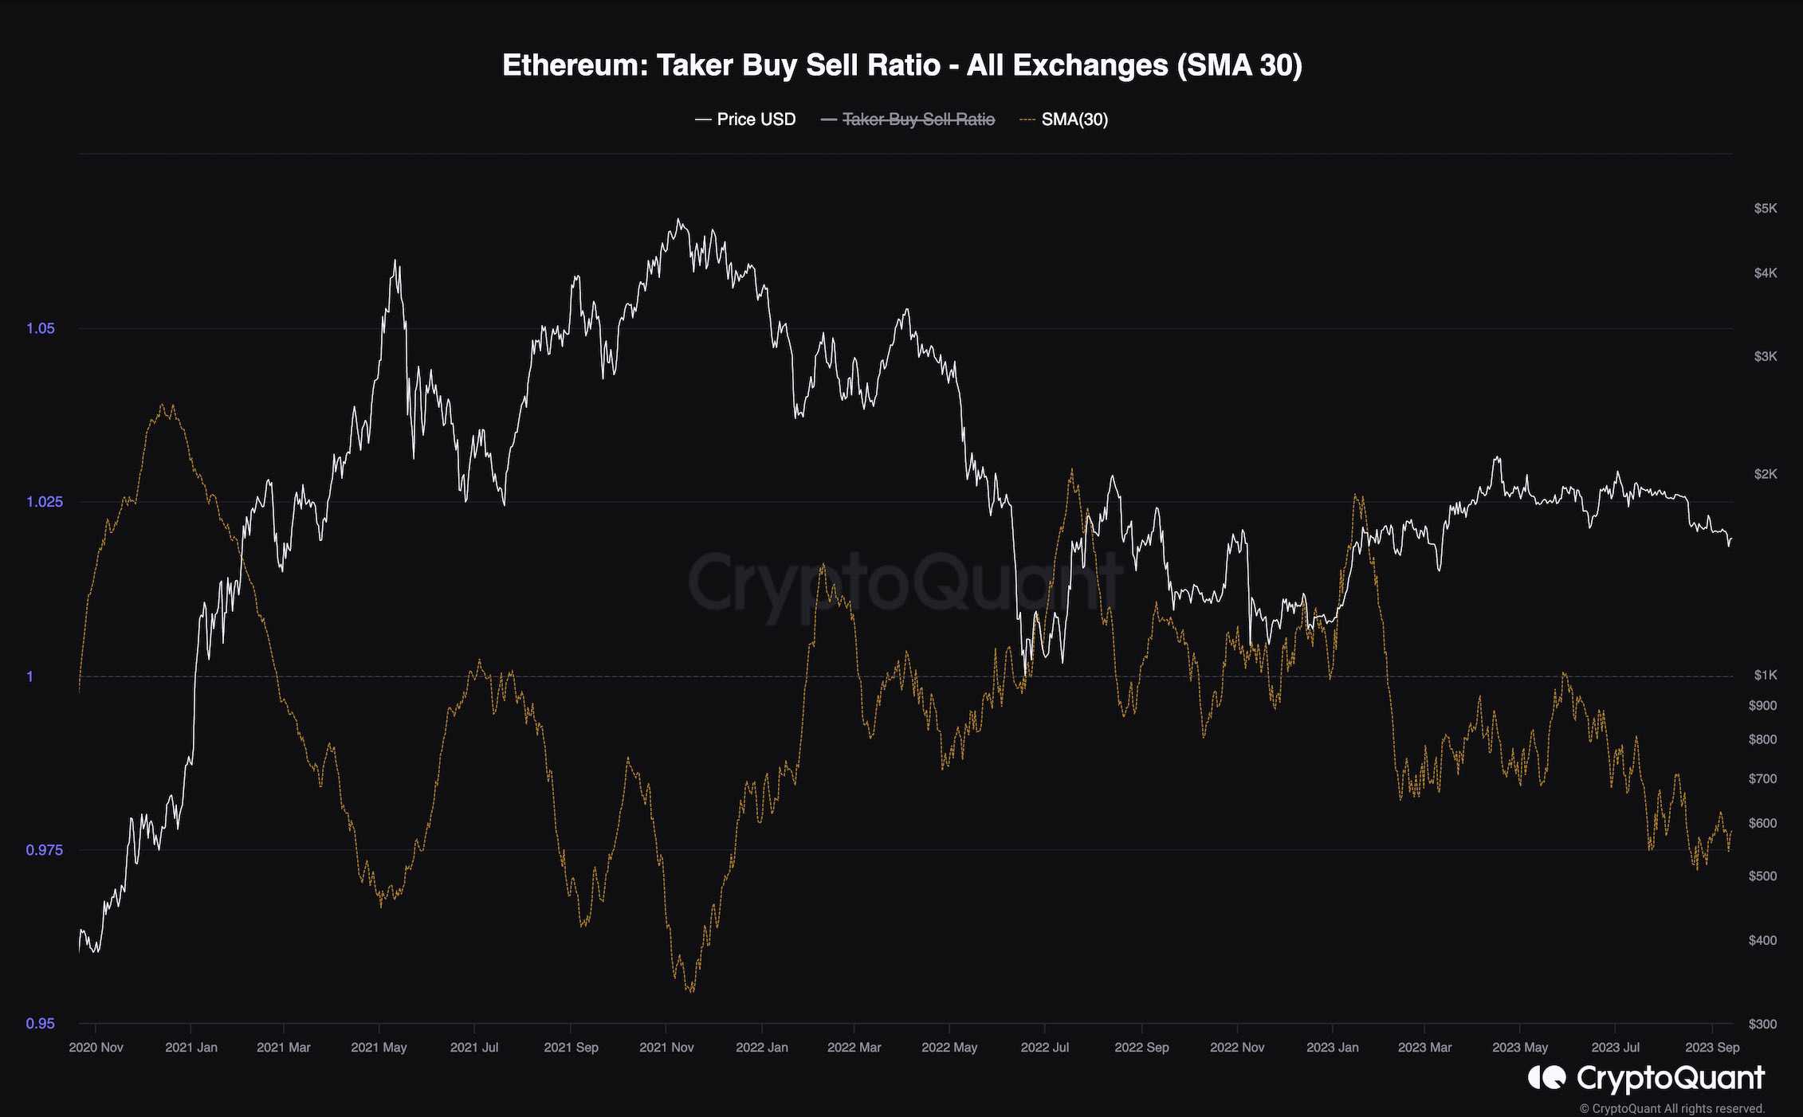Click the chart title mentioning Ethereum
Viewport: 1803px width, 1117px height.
click(x=901, y=65)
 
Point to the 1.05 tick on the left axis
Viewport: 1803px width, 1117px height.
click(x=41, y=328)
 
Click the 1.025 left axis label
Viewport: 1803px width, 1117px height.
click(x=44, y=502)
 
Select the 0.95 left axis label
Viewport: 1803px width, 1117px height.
click(x=41, y=1024)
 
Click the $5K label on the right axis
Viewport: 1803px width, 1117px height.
click(x=1765, y=209)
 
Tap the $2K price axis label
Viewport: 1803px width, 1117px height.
click(x=1765, y=474)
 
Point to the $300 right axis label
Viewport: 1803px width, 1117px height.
click(x=1762, y=1024)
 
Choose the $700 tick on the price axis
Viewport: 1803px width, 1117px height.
click(x=1762, y=778)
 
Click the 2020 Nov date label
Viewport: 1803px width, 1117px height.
click(x=96, y=1048)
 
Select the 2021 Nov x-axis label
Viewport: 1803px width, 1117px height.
click(x=666, y=1048)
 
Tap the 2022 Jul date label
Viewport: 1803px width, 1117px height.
click(x=1044, y=1048)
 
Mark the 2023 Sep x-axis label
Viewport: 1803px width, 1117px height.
click(x=1712, y=1048)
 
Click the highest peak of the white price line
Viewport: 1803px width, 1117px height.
click(x=678, y=220)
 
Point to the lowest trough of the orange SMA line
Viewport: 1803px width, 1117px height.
click(x=690, y=992)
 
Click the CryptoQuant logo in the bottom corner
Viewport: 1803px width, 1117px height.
click(x=1646, y=1079)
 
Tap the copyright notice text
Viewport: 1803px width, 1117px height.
click(x=1672, y=1108)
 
